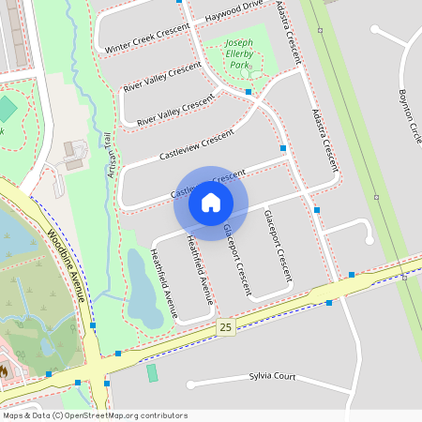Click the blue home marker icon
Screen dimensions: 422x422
[211, 202]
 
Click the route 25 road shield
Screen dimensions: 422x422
[224, 326]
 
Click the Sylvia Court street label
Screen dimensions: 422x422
[272, 376]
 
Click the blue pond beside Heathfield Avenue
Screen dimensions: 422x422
[145, 286]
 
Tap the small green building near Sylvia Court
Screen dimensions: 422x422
[152, 372]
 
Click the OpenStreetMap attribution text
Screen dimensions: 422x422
[95, 415]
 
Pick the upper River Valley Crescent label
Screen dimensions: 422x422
[162, 76]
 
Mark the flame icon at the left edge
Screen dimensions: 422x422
[4, 371]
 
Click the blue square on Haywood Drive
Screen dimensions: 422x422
[179, 2]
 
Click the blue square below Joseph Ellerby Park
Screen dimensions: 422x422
[249, 92]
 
